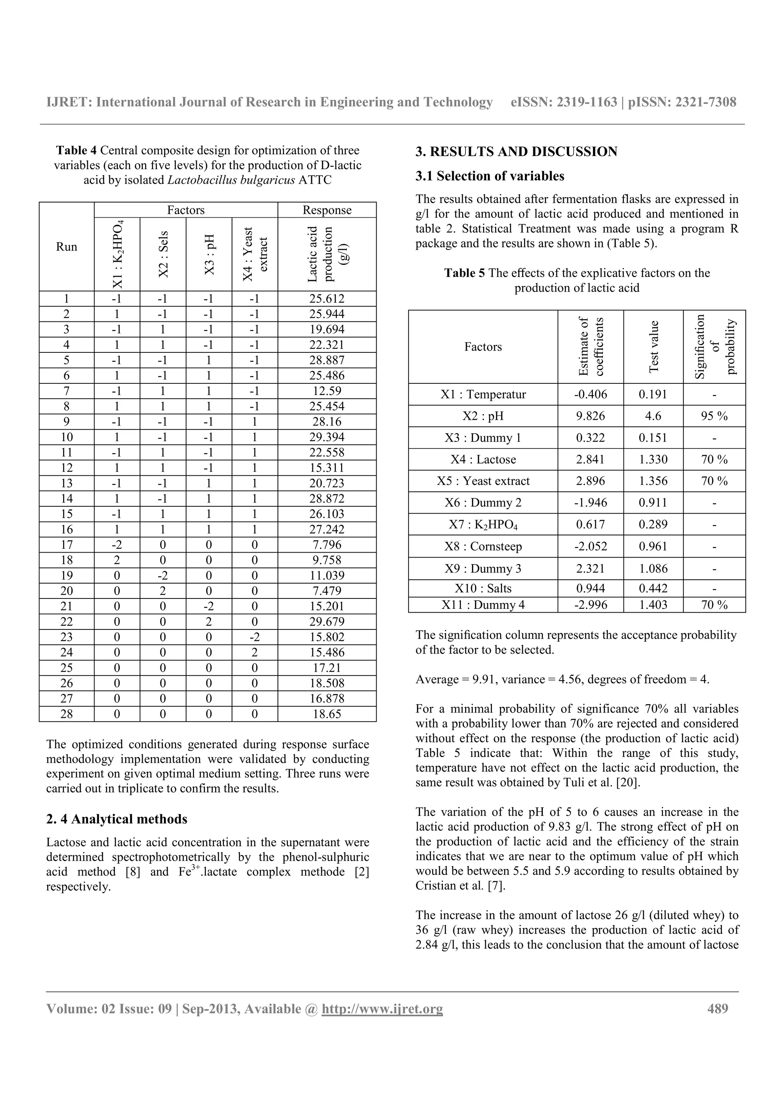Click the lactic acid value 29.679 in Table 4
(x=327, y=621)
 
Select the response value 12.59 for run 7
(x=327, y=391)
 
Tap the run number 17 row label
(x=66, y=545)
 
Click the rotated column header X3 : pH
(x=209, y=254)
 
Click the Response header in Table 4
(x=327, y=210)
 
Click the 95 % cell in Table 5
(x=714, y=416)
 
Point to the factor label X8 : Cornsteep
(x=483, y=546)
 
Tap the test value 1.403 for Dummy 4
(x=653, y=605)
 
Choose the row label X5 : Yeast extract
(x=483, y=481)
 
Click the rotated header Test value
(x=653, y=347)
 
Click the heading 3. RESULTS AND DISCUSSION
(x=516, y=152)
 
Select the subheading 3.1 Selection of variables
(x=489, y=176)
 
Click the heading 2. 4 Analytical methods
(x=116, y=819)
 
